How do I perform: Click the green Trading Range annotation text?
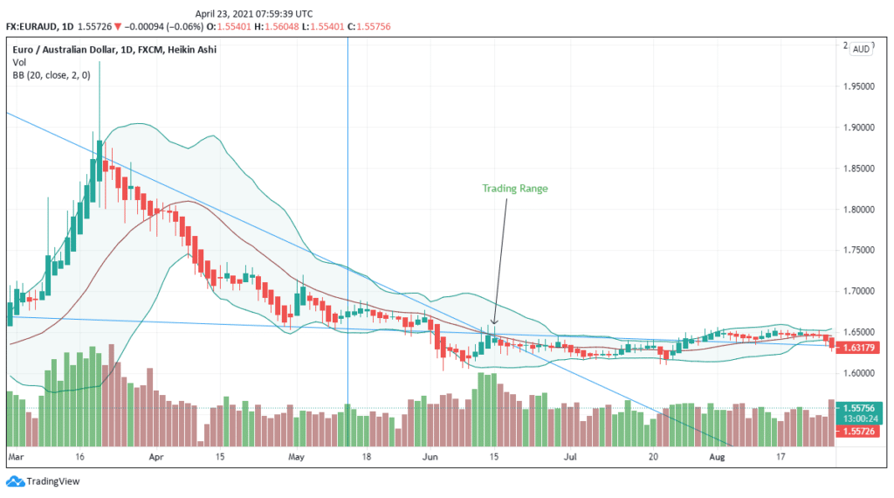(x=514, y=189)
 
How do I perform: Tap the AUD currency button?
(x=861, y=49)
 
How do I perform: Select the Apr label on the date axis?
(x=156, y=456)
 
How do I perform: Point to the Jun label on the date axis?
(x=430, y=456)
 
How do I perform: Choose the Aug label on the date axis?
(x=717, y=456)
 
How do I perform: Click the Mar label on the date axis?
(x=15, y=456)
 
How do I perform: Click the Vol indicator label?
(x=19, y=63)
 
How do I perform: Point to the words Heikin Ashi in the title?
(x=193, y=50)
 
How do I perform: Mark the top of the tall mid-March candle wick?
(x=100, y=64)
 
